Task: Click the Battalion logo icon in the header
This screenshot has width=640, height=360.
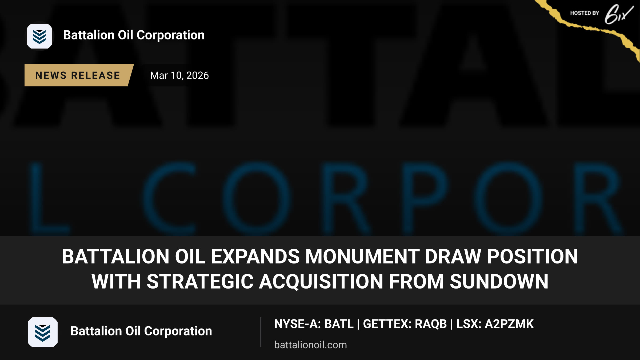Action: pos(39,36)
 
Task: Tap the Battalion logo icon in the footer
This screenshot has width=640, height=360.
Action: pos(43,332)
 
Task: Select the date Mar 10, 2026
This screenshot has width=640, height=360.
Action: pos(179,75)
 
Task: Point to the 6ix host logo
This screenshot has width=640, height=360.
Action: pos(619,14)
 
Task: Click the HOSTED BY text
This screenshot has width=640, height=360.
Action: pos(585,13)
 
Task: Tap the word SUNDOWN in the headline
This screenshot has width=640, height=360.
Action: pos(499,282)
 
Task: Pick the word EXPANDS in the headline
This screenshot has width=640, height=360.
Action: pos(255,257)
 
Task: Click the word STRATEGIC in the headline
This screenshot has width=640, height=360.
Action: pos(200,282)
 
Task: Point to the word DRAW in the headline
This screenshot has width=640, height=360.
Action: pos(453,257)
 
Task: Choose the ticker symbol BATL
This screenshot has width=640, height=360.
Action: pos(339,324)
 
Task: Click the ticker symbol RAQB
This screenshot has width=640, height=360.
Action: pos(431,324)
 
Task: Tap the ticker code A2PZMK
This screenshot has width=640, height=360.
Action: pos(509,324)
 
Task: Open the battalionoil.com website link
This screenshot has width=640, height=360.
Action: pos(311,345)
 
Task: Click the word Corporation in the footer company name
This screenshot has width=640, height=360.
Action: pos(178,331)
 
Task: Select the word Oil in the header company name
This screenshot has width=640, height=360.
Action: pos(126,35)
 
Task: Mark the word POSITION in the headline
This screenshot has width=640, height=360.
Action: pos(533,257)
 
